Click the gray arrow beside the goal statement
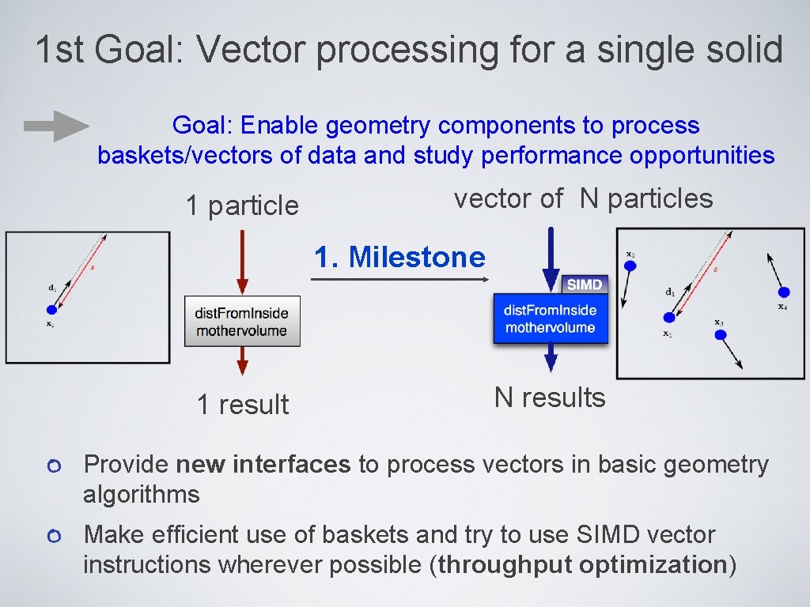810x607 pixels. [55, 126]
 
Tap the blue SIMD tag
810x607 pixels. [585, 285]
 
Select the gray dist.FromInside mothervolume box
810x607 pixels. [242, 320]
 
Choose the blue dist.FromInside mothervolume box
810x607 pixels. [551, 319]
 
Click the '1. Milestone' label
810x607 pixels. [399, 258]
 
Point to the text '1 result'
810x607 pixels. [242, 405]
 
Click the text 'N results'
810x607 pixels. [550, 398]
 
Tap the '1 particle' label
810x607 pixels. [242, 206]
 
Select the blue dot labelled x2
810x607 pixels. [630, 266]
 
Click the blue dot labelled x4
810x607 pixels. [783, 292]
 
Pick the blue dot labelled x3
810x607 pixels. [720, 334]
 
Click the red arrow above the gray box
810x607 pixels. [242, 262]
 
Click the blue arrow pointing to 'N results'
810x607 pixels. [551, 360]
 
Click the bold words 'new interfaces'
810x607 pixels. [263, 465]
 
